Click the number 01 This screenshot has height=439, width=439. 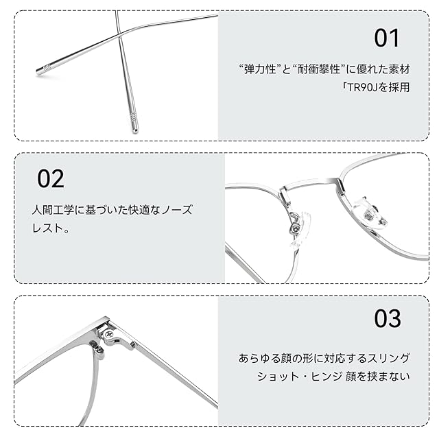[387, 38]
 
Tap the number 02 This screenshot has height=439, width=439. [51, 178]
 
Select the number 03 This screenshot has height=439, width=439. [388, 318]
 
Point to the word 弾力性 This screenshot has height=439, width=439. [260, 69]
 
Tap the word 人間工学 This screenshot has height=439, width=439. [53, 210]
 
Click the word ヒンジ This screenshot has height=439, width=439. [327, 377]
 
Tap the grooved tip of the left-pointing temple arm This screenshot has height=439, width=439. [44, 70]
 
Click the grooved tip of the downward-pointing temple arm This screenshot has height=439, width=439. [134, 123]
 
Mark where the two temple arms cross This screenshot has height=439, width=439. [120, 34]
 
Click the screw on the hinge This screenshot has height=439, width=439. [109, 333]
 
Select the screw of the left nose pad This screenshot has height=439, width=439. [294, 228]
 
